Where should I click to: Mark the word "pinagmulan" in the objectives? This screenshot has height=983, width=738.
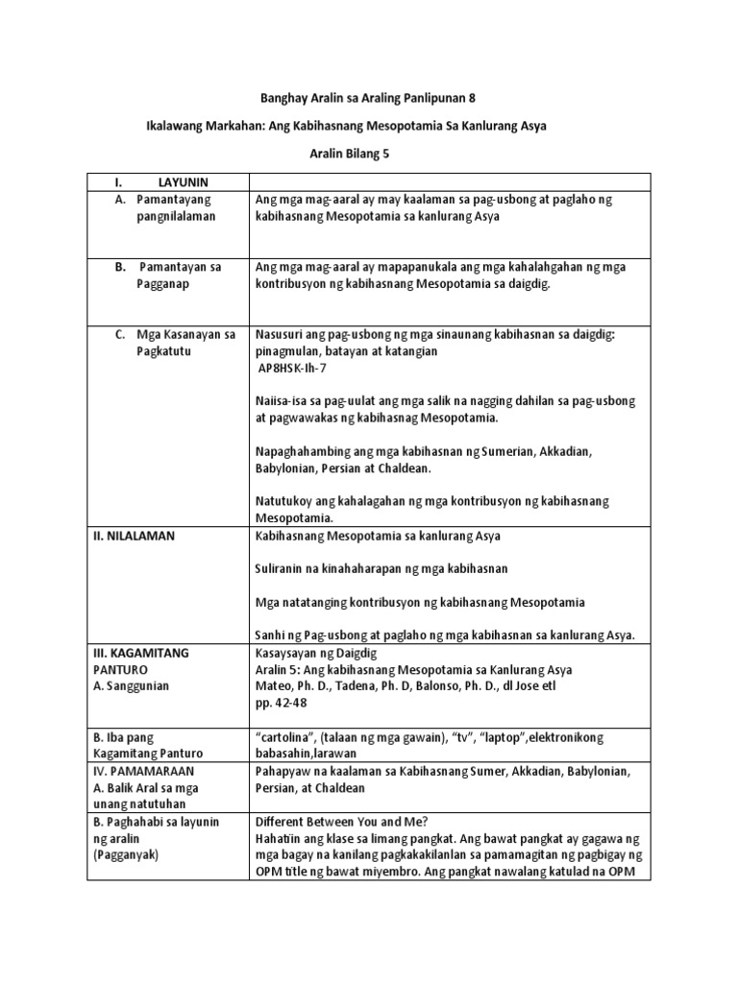(284, 351)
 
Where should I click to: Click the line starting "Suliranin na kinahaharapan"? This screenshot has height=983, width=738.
(381, 569)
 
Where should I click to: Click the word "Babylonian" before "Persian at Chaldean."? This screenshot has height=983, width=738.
(287, 468)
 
